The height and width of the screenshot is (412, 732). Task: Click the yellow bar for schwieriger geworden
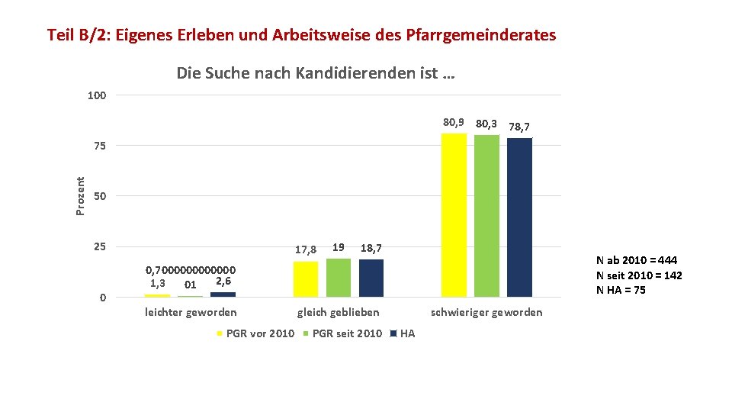click(x=454, y=215)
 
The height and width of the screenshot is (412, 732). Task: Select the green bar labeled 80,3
click(x=486, y=216)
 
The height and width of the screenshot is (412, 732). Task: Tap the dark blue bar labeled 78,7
click(x=519, y=217)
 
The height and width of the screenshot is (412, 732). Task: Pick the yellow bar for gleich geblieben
click(x=306, y=279)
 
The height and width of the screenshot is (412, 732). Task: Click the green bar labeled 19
click(x=339, y=278)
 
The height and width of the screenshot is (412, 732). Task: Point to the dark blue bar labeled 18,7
click(x=371, y=278)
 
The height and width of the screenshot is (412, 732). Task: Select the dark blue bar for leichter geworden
click(x=223, y=295)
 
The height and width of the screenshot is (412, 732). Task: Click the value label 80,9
click(x=453, y=122)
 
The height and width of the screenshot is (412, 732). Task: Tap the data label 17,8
click(x=306, y=250)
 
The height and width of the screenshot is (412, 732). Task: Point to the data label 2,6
click(x=223, y=282)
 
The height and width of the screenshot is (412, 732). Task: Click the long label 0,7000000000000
click(x=191, y=270)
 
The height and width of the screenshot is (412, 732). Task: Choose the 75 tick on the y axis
click(x=100, y=146)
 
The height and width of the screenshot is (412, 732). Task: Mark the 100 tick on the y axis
click(x=97, y=95)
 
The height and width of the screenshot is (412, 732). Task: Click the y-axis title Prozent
click(x=80, y=196)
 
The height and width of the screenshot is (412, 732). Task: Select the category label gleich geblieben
click(x=339, y=312)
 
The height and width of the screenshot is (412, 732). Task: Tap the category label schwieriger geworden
click(x=486, y=312)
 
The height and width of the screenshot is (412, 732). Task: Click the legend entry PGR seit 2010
click(x=342, y=333)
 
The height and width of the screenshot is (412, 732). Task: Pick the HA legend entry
click(x=403, y=333)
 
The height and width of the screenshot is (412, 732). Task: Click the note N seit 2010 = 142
click(x=639, y=275)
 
